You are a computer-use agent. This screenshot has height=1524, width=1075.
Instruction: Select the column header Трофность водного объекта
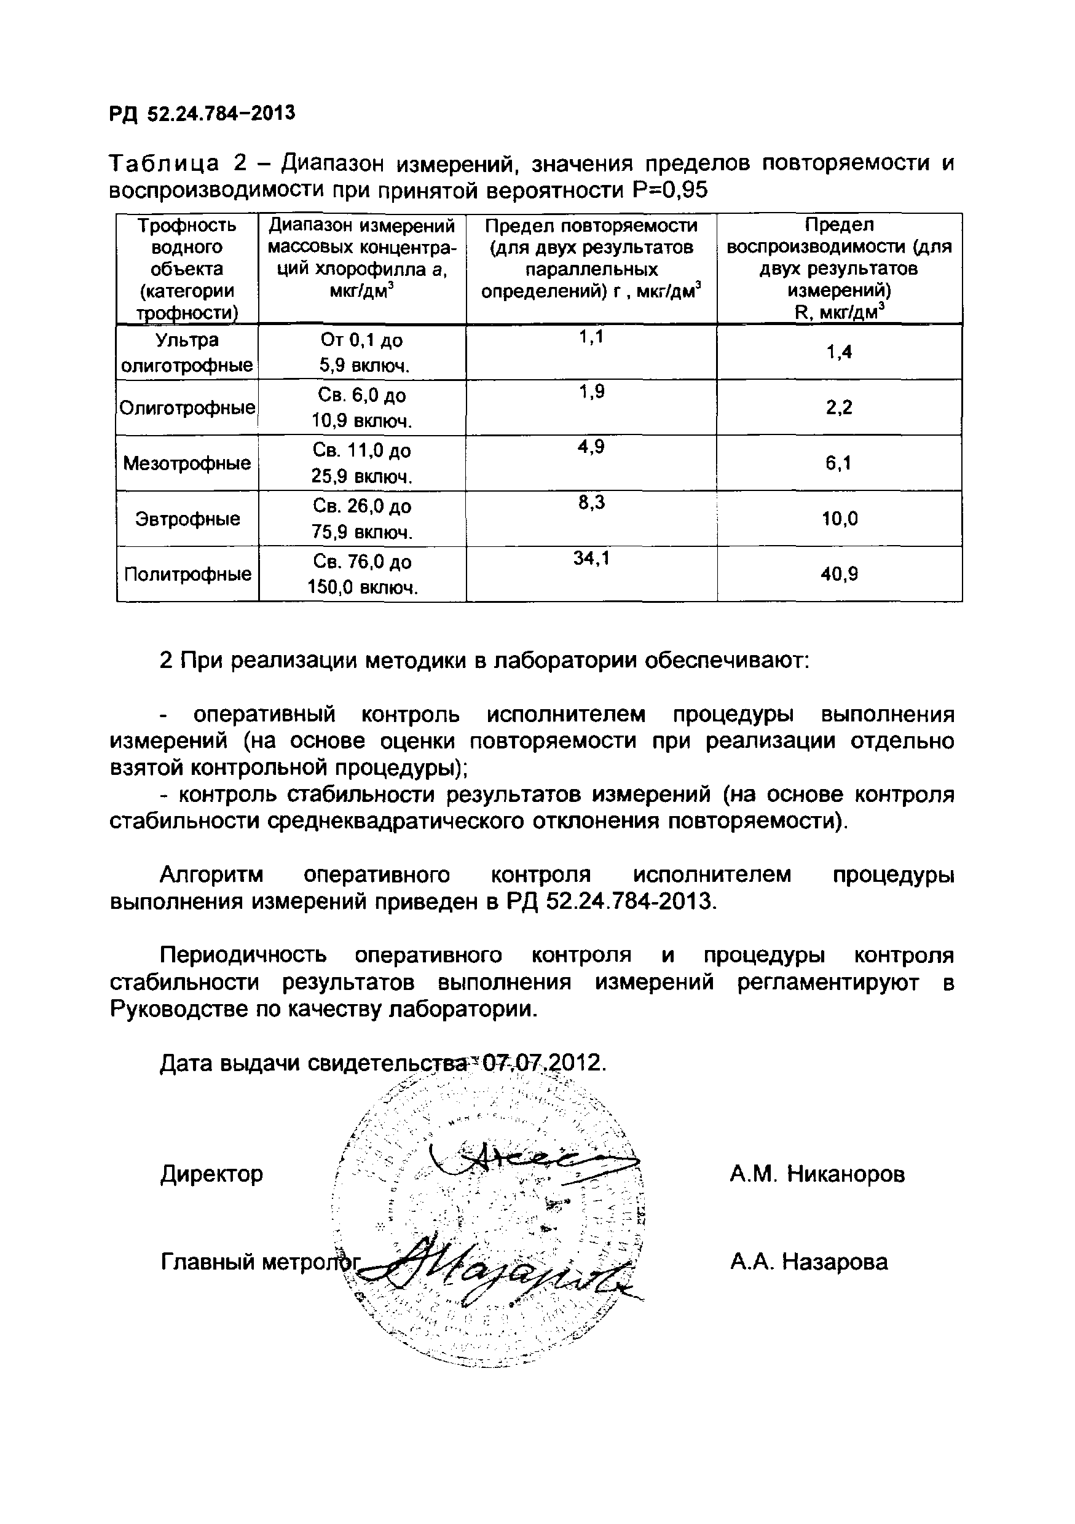click(187, 268)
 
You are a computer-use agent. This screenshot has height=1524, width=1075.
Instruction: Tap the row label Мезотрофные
click(187, 463)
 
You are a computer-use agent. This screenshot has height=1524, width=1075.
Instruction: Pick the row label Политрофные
click(187, 574)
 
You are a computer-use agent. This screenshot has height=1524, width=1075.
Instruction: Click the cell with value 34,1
click(591, 559)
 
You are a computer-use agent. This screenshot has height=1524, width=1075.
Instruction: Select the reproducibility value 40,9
click(838, 574)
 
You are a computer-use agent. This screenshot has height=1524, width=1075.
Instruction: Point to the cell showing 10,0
click(839, 519)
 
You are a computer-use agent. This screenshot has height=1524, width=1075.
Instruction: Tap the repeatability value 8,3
click(591, 503)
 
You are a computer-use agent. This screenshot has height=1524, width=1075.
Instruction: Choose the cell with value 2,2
click(838, 407)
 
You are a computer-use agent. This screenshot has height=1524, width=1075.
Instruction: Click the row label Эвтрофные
click(187, 519)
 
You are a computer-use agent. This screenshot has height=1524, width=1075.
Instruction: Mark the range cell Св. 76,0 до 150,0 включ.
click(362, 574)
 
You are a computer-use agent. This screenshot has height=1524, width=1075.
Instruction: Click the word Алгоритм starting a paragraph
click(211, 876)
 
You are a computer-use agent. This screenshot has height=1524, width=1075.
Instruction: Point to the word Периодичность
click(243, 956)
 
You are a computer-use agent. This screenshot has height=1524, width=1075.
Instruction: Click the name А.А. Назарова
click(808, 1262)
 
